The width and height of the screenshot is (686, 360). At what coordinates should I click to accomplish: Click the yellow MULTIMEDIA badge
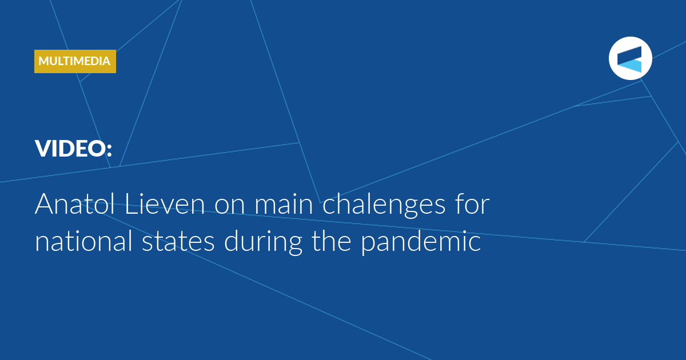75,61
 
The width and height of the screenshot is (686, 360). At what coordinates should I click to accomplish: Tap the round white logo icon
630,58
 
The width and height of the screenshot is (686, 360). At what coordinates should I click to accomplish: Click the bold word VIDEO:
74,149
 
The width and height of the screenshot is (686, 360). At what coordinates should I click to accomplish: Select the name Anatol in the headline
75,204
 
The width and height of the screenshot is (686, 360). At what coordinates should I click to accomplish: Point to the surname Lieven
165,204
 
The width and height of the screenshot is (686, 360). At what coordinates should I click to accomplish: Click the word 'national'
83,241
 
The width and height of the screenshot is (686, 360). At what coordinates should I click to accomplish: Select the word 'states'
178,242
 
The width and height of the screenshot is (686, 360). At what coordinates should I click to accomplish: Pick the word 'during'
264,242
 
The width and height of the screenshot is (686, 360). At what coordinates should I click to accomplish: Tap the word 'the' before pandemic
332,241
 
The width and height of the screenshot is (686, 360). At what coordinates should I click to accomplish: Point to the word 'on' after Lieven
230,206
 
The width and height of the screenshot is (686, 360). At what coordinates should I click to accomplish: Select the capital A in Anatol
45,204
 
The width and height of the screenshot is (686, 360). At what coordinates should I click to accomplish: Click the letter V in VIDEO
45,149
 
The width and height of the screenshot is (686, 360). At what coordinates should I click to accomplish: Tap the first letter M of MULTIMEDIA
44,61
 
